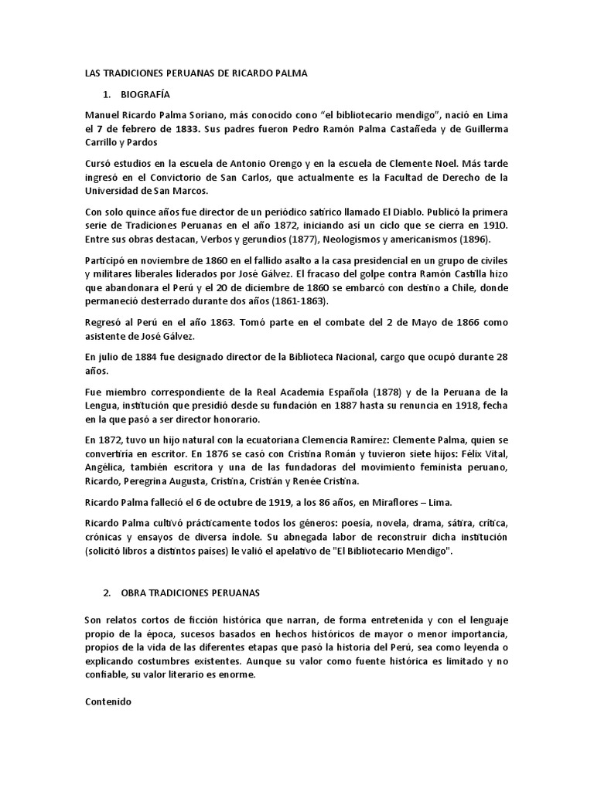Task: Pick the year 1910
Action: pyautogui.click(x=495, y=226)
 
